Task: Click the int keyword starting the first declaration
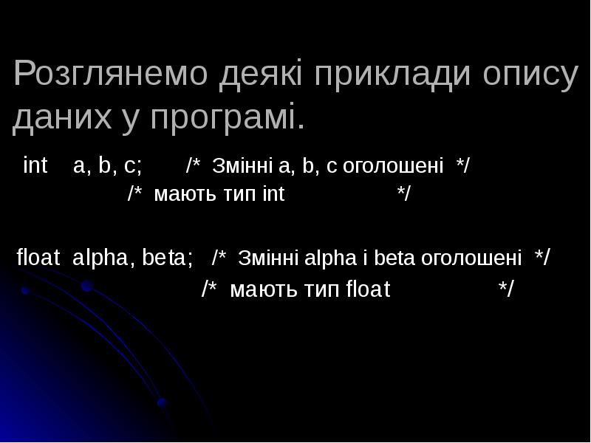tap(35, 165)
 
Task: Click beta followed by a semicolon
tap(168, 258)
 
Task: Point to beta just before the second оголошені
tap(395, 258)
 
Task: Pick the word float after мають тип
tap(368, 289)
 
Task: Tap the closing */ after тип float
tap(506, 289)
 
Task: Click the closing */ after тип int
tap(404, 195)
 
